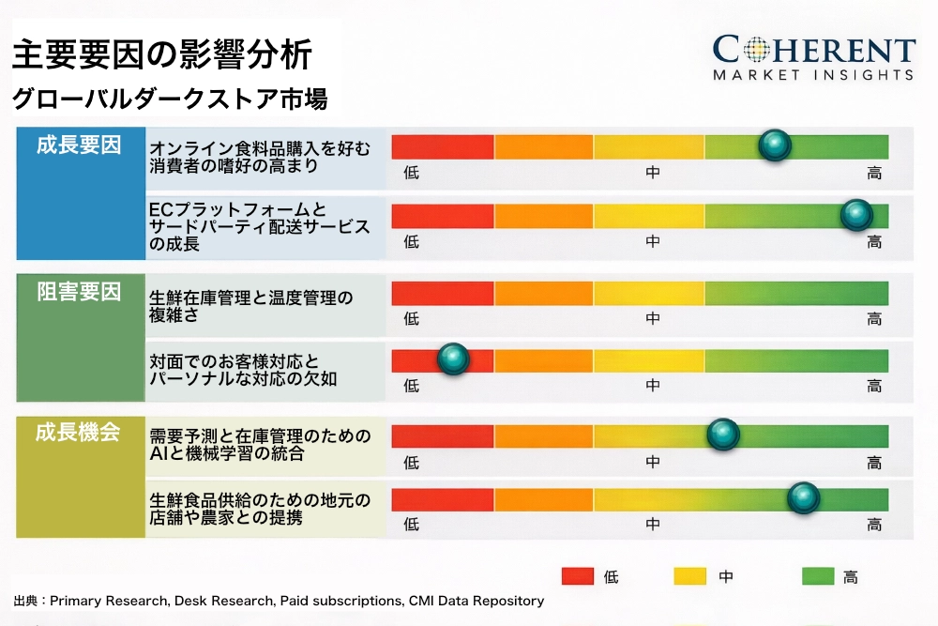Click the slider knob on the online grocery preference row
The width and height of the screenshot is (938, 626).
click(775, 145)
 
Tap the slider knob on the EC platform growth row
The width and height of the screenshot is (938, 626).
click(856, 215)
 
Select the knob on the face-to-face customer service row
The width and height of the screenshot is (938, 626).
click(454, 359)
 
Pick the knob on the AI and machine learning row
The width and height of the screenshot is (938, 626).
click(722, 435)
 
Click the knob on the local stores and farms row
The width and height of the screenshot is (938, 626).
click(803, 498)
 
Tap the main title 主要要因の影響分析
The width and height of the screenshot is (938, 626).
click(161, 54)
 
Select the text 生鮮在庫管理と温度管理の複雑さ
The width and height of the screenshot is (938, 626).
click(250, 307)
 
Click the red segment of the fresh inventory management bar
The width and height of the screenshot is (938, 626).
click(442, 293)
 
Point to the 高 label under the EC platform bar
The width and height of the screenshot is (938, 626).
click(874, 242)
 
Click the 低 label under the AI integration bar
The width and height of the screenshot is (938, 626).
click(411, 462)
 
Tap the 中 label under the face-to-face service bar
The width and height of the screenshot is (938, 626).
click(653, 386)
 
